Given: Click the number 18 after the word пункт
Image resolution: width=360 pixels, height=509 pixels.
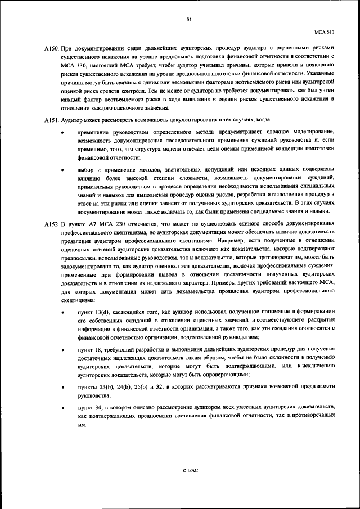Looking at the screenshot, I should [101, 349].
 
